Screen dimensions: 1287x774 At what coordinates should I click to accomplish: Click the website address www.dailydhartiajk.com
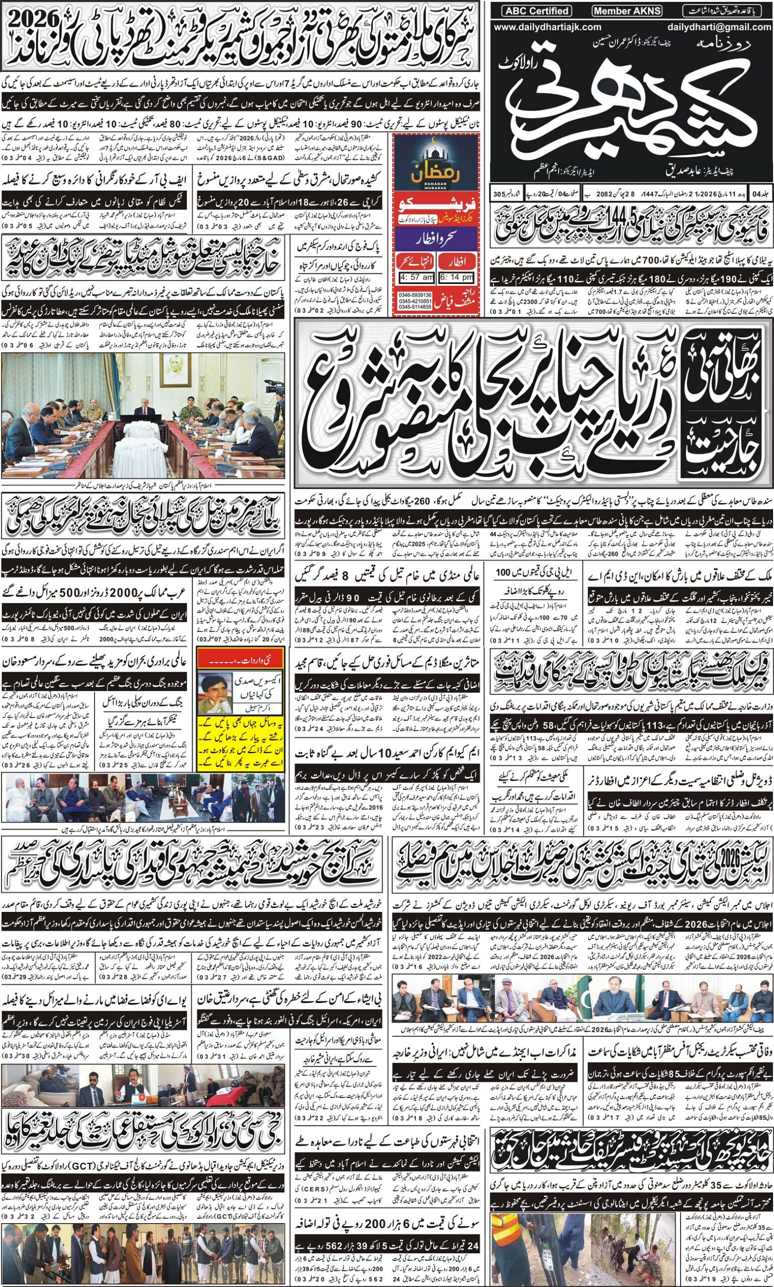pos(547,27)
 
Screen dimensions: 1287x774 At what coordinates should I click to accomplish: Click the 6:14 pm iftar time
pos(456,278)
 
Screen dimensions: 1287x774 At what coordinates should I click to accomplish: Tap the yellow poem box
pos(241,751)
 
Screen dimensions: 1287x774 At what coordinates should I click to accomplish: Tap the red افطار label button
pos(457,260)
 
